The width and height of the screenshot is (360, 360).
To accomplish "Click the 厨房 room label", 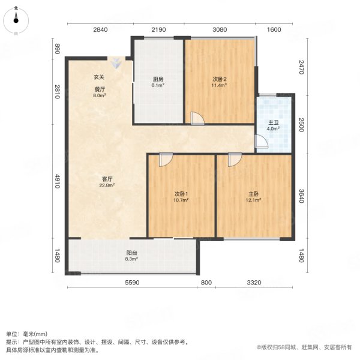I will (x=158, y=78).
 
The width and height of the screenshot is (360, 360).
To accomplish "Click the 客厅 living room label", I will (x=107, y=178).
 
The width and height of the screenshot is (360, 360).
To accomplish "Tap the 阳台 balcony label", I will (x=131, y=253).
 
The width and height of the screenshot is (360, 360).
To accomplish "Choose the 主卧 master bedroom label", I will (x=254, y=194).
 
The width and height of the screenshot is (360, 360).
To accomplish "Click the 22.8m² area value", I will (x=107, y=185).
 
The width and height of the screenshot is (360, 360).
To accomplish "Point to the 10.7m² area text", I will (x=181, y=201).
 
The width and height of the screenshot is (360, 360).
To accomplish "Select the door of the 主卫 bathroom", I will (x=261, y=141).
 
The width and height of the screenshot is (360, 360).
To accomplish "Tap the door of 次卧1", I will (x=166, y=159).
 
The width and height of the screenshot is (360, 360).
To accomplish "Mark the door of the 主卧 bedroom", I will (x=234, y=159).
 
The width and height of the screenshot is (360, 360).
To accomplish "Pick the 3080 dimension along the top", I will (x=220, y=29).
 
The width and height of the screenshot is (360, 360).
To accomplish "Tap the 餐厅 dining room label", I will (x=100, y=88).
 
